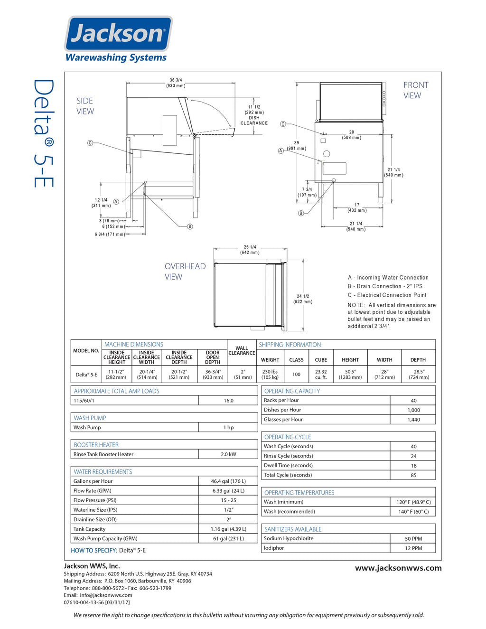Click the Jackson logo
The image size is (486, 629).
coord(118,34)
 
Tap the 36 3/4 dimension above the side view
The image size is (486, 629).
coord(176,83)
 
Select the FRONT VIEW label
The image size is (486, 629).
coord(415,90)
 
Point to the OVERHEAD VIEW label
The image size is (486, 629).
coord(185,272)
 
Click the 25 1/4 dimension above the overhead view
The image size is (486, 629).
coord(250,250)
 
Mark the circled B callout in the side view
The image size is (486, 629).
coord(190,226)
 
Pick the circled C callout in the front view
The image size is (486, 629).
coord(283,124)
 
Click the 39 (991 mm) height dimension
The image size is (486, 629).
coord(297,145)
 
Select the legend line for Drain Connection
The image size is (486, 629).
coord(385,286)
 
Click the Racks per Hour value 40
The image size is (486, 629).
coord(413,401)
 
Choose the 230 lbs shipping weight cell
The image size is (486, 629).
coord(270,374)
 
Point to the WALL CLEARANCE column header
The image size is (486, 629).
coord(242,351)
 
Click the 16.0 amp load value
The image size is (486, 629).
coord(228,401)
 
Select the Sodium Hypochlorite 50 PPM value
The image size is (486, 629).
coord(413,539)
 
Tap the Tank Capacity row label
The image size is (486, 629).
coord(90,529)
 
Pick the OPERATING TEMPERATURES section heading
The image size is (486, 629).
coord(299,493)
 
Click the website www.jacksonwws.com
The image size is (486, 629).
coord(398,568)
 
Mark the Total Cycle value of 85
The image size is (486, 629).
coord(413,475)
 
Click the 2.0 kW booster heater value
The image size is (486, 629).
coord(228,454)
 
